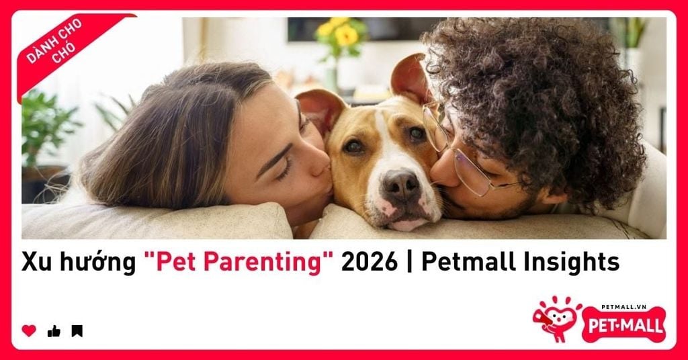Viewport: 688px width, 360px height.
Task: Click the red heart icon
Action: (29, 330)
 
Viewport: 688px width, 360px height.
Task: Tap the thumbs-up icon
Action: (54, 331)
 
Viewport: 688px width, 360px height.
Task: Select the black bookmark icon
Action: (77, 330)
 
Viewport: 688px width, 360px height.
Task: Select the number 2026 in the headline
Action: (369, 262)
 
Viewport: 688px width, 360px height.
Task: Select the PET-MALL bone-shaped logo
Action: (623, 325)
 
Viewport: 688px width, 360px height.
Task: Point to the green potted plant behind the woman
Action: (46, 127)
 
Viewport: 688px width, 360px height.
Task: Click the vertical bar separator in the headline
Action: (409, 262)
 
